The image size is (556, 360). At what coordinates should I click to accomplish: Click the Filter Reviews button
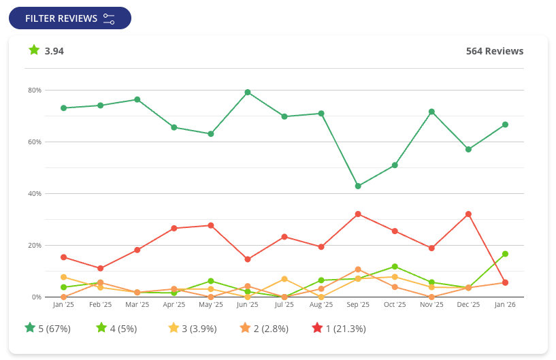point(69,18)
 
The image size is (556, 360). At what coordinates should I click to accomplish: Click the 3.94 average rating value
point(54,51)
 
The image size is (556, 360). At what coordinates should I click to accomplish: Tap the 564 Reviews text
point(494,51)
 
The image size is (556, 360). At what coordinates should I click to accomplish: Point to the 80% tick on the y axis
point(34,91)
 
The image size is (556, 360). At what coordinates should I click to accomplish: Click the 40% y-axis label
point(34,194)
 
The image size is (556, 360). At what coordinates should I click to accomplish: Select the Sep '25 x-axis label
point(358,305)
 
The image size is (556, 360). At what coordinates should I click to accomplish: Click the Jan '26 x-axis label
point(505,305)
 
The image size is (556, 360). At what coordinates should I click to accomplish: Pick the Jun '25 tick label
point(248,305)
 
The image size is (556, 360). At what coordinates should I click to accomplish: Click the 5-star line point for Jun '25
point(248,93)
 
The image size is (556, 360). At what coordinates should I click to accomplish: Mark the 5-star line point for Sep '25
point(358,186)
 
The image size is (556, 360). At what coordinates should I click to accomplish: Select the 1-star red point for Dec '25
point(468,214)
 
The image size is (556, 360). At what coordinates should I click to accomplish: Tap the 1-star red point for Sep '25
point(358,214)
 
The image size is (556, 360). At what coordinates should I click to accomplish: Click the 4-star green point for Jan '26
point(505,254)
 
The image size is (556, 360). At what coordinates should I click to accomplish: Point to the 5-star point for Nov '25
point(431,112)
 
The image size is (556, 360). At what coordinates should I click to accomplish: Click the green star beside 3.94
point(34,50)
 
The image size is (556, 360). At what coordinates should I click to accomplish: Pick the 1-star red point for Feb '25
point(100,269)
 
